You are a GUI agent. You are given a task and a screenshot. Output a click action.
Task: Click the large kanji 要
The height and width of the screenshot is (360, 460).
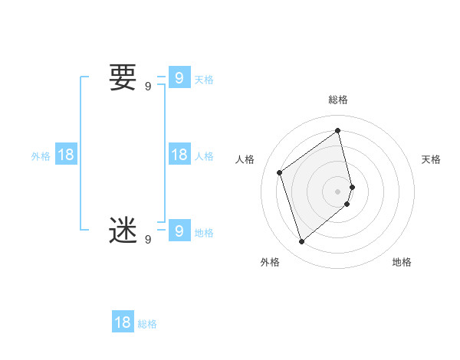123,78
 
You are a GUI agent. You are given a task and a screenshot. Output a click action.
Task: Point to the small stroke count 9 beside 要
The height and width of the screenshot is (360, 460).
148,87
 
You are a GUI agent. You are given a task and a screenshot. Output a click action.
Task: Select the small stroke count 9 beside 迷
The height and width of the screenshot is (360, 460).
148,239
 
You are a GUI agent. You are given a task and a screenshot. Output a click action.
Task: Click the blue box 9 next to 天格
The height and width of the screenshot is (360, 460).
179,78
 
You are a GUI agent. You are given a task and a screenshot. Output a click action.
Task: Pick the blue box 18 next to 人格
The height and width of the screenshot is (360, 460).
179,155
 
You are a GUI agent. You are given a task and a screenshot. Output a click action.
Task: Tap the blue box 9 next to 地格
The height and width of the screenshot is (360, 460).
179,231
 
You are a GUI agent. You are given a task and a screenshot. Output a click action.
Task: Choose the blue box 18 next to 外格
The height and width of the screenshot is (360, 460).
66,155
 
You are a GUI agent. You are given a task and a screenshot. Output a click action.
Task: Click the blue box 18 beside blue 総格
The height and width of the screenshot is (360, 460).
123,322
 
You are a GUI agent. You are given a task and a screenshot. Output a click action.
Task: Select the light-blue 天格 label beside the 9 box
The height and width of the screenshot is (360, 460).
204,80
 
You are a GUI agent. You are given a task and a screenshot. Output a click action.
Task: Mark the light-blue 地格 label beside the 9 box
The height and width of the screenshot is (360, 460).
204,233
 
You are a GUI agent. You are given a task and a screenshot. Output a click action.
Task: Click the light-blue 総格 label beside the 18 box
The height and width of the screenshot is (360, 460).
147,324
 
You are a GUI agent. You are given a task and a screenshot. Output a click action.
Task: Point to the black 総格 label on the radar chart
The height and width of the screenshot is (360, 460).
338,100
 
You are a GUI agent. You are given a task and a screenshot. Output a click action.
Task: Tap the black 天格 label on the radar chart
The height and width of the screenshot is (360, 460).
431,159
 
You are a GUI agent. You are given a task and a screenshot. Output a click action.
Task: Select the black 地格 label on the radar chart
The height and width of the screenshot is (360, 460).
402,262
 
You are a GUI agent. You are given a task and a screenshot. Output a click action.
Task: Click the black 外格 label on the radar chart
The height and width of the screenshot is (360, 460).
270,262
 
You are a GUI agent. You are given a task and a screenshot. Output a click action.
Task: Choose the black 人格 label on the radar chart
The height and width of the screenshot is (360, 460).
245,159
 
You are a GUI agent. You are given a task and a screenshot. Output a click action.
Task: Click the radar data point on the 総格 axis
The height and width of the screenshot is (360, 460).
338,130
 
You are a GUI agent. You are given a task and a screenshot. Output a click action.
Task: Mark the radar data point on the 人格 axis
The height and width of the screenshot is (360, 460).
280,172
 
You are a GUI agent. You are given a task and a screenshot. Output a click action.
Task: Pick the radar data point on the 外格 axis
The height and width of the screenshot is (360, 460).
302,242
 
